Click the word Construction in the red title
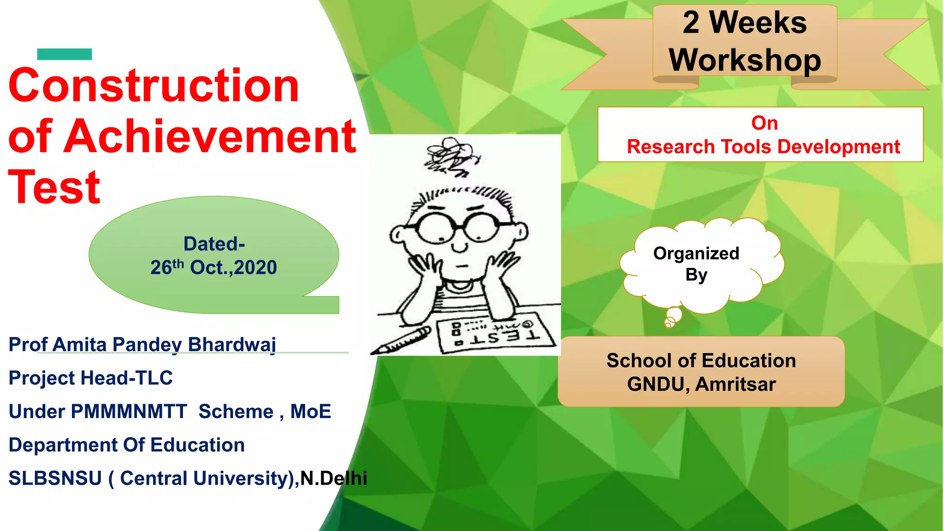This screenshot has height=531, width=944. tap(153, 86)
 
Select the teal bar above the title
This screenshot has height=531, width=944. tap(65, 54)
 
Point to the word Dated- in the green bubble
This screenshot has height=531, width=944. tap(214, 244)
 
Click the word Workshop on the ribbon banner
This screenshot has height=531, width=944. tap(745, 60)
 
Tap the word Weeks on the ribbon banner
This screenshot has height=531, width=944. tap(758, 23)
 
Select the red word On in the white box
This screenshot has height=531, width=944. tap(764, 123)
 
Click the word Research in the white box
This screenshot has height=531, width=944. tap(670, 147)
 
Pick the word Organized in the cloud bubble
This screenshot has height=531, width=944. tap(696, 254)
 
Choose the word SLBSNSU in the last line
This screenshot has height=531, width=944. tap(55, 478)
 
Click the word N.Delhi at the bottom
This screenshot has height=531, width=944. tap(334, 478)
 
